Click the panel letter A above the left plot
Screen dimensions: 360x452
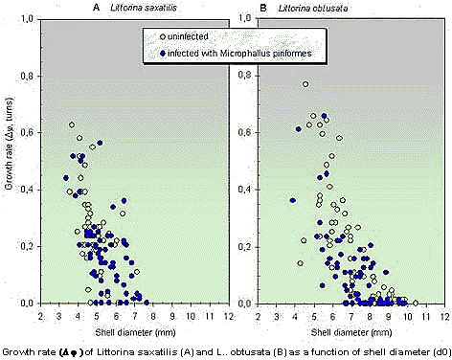click(96, 8)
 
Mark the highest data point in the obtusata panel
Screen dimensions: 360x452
click(305, 84)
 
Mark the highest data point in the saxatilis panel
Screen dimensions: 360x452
click(72, 124)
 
